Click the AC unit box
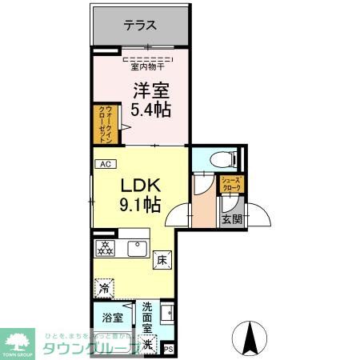103,164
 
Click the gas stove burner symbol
104,247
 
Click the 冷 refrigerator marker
105,286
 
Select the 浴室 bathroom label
112,318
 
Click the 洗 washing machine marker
149,344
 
